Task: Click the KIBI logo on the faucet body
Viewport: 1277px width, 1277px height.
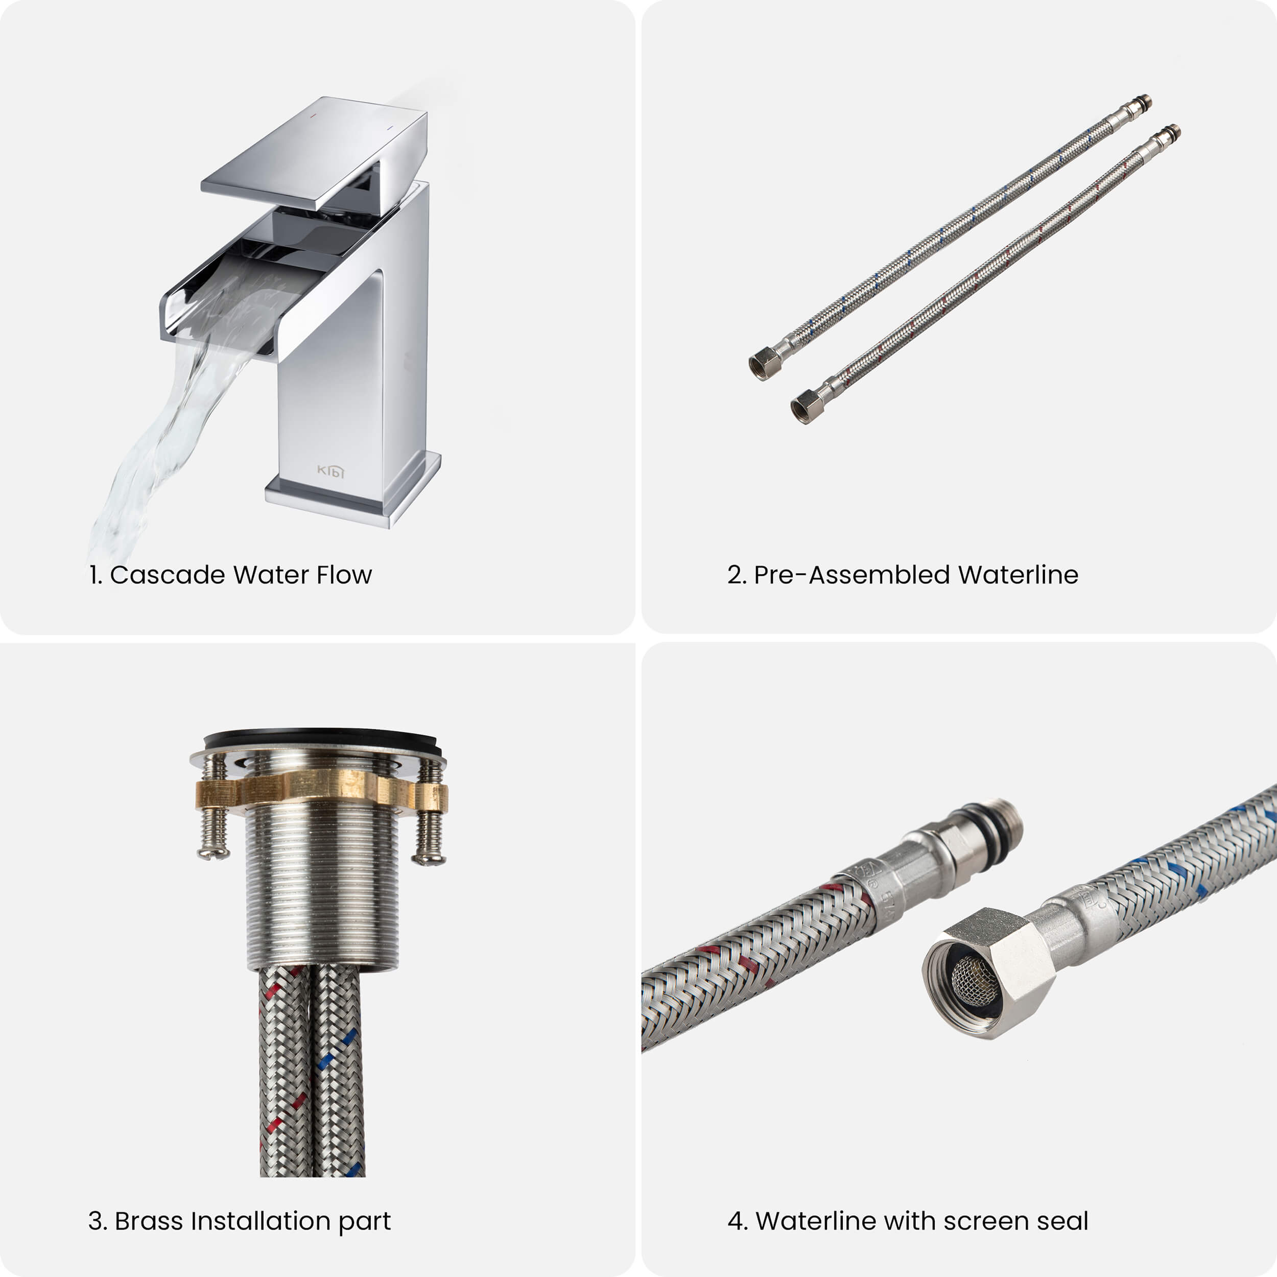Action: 330,470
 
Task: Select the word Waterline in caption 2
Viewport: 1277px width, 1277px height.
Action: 1018,575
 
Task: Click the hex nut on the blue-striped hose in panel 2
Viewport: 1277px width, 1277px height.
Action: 765,364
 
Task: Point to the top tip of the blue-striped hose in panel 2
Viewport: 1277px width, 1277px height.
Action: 1149,99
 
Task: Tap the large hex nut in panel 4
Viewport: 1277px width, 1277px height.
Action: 989,972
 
